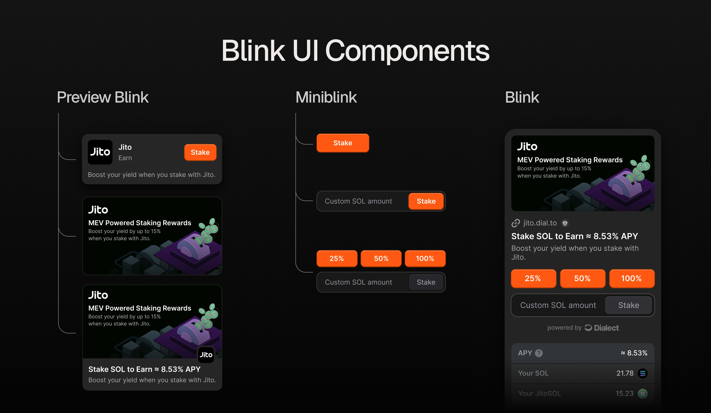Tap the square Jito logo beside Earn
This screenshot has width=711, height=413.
(100, 152)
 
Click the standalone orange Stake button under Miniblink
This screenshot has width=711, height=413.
(342, 143)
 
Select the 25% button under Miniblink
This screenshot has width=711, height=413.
(337, 259)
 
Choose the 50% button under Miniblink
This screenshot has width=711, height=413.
(381, 259)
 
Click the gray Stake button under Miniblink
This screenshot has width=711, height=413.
(426, 282)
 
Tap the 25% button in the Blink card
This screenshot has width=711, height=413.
(533, 279)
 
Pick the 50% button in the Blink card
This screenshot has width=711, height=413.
(582, 279)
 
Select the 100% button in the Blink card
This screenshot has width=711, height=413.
(632, 279)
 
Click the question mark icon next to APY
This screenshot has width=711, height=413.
(539, 353)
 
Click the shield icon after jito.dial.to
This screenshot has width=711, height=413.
(565, 223)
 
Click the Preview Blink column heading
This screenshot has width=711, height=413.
(103, 97)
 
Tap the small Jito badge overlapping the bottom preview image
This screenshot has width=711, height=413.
(206, 355)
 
